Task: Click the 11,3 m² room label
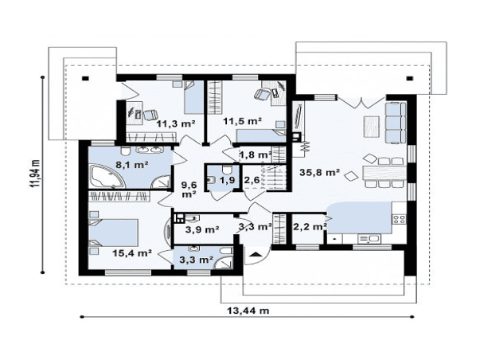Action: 176,123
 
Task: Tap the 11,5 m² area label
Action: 242,121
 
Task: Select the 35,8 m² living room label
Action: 319,172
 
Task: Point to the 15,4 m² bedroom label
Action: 132,253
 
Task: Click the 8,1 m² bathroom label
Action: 132,165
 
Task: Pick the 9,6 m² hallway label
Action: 189,190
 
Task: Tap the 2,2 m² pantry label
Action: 310,227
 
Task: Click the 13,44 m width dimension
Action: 248,311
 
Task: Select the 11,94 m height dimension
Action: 35,174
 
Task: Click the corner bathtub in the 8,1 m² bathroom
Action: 106,177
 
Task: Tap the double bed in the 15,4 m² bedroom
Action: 113,233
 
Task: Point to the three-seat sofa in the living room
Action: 396,123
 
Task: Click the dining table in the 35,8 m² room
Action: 384,173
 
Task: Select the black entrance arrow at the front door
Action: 255,254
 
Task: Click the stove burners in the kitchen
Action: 399,219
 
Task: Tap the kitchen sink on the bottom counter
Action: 369,239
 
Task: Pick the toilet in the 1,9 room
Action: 227,169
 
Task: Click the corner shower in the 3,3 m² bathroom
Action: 223,262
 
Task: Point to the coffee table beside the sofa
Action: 371,127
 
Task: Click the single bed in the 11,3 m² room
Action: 194,97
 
